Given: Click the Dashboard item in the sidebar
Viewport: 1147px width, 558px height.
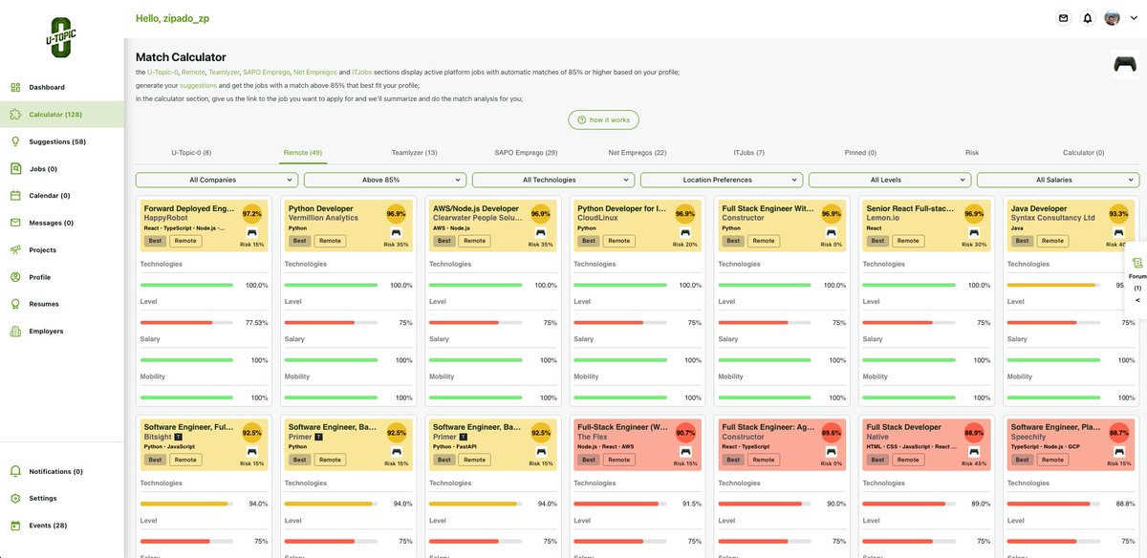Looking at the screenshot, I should point(46,87).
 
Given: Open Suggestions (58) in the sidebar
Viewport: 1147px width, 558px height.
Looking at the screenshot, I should point(56,141).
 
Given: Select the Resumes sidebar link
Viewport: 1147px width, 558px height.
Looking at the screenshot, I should point(43,304).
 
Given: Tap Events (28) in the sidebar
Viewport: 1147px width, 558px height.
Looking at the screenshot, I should point(48,526).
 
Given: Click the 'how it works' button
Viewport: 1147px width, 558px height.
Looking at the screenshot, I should point(603,119).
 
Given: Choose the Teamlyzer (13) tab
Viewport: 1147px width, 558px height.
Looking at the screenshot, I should point(414,153).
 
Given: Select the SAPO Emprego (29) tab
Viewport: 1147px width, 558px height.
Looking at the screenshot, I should point(526,153).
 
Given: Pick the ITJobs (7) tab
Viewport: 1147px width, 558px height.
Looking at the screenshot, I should point(748,153).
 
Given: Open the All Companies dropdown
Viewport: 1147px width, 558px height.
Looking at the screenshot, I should point(217,180).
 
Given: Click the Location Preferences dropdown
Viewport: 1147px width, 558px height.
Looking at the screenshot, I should point(722,180).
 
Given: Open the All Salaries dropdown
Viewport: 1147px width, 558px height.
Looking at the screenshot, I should point(1058,180).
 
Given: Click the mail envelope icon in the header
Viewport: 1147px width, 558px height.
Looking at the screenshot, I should point(1063,18).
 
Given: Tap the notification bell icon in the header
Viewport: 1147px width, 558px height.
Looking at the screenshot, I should point(1088,18).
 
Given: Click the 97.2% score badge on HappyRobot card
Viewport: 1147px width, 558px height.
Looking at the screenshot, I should point(251,214).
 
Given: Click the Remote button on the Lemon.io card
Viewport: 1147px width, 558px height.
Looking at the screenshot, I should point(907,241).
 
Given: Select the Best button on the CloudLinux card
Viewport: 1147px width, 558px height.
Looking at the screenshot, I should point(589,241).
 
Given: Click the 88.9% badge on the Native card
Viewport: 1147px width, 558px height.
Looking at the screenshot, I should point(974,433).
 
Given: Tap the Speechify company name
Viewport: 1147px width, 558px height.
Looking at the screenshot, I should point(1030,437).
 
